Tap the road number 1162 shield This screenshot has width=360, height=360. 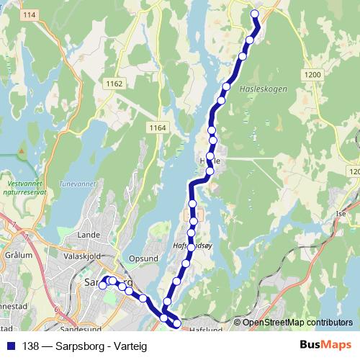click(114, 84)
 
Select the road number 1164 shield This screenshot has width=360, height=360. click(158, 127)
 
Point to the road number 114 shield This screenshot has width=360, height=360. click(29, 15)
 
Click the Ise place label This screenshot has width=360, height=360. click(341, 214)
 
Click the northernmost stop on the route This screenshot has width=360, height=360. click(253, 14)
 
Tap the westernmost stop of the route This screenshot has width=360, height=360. click(102, 285)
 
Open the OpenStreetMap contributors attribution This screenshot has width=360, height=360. click(297, 323)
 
